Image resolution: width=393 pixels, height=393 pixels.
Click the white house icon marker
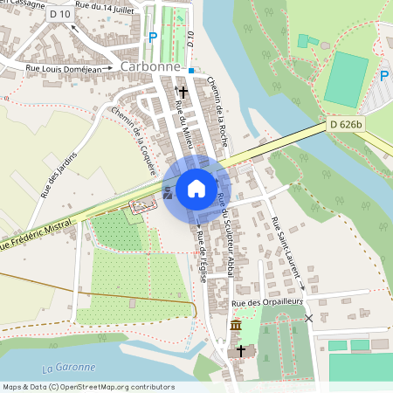(196, 189)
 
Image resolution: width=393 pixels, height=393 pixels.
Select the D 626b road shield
(346, 127)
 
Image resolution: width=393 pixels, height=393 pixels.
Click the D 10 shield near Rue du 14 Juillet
(60, 15)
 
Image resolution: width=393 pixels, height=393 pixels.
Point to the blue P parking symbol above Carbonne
(153, 38)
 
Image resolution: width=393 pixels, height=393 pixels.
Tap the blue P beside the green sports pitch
(384, 76)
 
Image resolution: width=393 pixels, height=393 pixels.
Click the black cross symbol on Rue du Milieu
(183, 90)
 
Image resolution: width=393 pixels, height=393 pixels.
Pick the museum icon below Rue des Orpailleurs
(235, 326)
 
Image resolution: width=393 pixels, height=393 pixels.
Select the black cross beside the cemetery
(242, 352)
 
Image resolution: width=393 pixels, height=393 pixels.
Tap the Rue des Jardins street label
(59, 174)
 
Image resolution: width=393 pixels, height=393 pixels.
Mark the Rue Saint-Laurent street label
(287, 253)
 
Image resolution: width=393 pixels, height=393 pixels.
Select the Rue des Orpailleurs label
(266, 303)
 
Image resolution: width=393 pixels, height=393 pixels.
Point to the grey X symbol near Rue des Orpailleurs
(308, 318)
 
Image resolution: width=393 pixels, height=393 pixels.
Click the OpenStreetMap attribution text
(88, 387)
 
